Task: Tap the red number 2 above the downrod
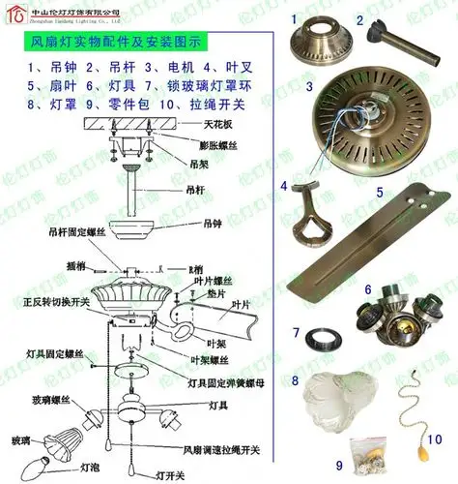coord(358,19)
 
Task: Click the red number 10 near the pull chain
coord(435,438)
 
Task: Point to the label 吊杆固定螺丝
coord(73,233)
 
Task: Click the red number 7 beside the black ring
coord(298,333)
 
